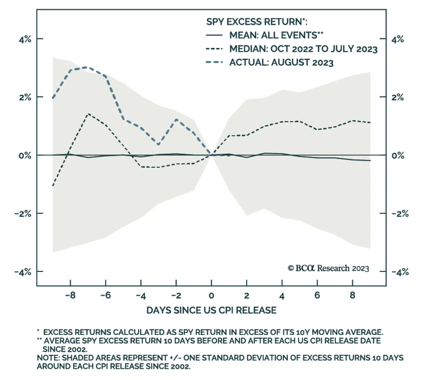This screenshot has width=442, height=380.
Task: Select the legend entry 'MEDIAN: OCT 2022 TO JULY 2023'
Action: coord(303,49)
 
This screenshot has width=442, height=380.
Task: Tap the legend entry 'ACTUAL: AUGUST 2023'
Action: coord(281,62)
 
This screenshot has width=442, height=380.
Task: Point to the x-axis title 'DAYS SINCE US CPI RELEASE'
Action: coord(211,310)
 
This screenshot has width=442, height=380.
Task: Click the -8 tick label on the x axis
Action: coord(70,295)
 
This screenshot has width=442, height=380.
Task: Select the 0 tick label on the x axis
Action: coord(211,295)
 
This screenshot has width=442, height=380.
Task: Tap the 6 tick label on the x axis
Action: coord(317,295)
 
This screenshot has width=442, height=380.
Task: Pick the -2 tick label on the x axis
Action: coord(176,295)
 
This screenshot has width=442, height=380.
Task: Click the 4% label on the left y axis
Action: coord(25,39)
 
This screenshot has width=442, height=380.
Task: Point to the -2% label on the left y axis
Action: coord(23,214)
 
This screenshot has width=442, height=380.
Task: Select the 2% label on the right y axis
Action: coord(398,97)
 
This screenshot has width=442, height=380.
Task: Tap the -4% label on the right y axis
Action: coord(400,272)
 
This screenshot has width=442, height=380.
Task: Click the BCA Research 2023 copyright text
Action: coord(328,268)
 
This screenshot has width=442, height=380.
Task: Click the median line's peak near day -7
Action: coord(88,114)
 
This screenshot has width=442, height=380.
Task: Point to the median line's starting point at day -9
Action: coord(53,186)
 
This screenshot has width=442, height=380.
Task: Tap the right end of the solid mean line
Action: coord(370,160)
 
